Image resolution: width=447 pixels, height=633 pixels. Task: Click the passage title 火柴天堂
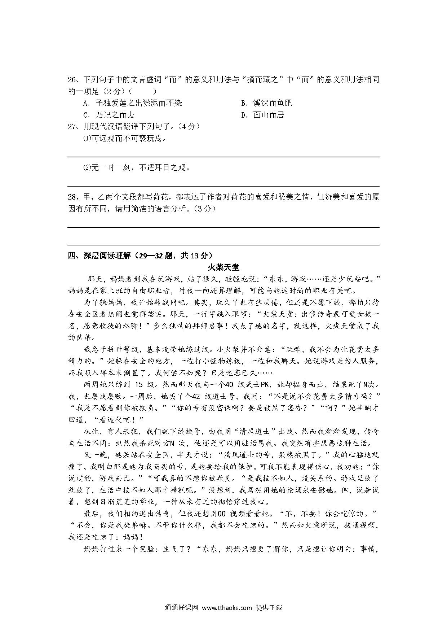[223, 267]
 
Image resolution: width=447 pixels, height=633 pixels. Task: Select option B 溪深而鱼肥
[266, 103]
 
